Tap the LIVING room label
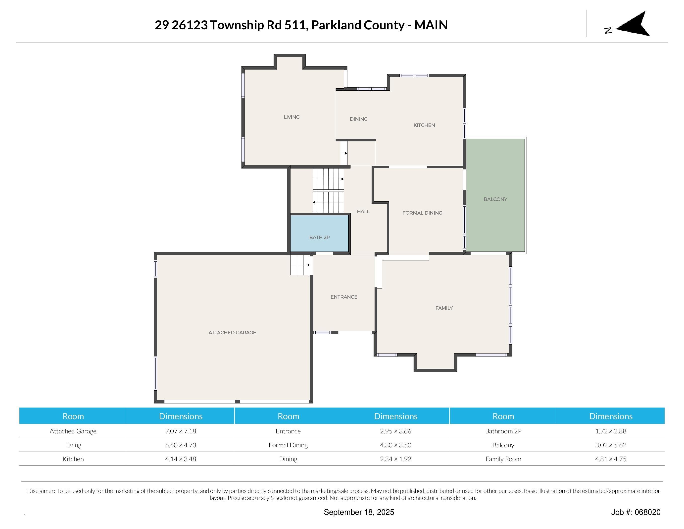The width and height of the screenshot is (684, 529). pyautogui.click(x=292, y=117)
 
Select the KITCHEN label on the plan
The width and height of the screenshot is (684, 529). pyautogui.click(x=424, y=125)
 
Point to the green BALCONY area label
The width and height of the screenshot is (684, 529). pyautogui.click(x=495, y=199)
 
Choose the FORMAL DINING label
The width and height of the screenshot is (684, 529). pyautogui.click(x=422, y=213)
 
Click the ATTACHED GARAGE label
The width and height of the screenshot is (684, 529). pyautogui.click(x=232, y=333)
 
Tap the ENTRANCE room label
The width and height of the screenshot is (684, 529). pyautogui.click(x=343, y=297)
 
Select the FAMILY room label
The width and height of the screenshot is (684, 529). pyautogui.click(x=444, y=308)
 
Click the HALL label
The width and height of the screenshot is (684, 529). pyautogui.click(x=363, y=212)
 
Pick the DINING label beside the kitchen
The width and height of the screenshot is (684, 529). pyautogui.click(x=358, y=119)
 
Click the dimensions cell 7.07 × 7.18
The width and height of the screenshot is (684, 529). pyautogui.click(x=180, y=431)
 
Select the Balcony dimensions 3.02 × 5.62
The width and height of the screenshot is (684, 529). pyautogui.click(x=610, y=445)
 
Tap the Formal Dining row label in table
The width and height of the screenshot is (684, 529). pyautogui.click(x=288, y=445)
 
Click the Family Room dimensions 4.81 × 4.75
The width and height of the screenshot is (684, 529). pyautogui.click(x=610, y=459)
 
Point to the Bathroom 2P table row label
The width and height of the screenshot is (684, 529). pyautogui.click(x=503, y=431)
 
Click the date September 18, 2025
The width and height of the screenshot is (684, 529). pyautogui.click(x=359, y=512)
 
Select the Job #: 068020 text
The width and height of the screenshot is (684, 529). pyautogui.click(x=635, y=512)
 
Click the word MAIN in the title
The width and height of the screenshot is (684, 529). pyautogui.click(x=431, y=25)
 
